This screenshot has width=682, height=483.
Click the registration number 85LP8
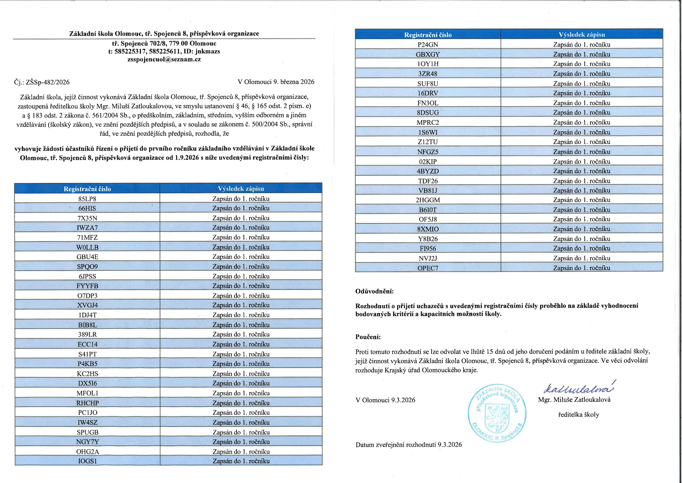point(87,199)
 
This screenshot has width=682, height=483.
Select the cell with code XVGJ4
point(87,305)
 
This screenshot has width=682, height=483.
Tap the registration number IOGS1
point(87,461)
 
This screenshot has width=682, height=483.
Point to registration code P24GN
point(428,45)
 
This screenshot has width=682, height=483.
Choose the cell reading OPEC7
point(428,268)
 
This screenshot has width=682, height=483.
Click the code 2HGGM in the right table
point(428,200)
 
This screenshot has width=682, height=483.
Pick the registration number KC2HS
point(87,374)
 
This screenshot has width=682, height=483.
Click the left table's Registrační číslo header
point(87,189)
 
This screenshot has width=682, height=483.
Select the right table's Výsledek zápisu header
point(582,34)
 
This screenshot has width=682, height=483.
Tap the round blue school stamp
point(497,413)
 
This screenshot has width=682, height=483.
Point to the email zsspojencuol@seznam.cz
point(164,59)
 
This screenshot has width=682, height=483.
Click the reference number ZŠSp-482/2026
point(48,82)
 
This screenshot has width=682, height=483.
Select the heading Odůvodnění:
point(374,291)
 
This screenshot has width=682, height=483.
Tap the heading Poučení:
point(368,337)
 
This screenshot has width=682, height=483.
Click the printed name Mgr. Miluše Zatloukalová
point(574,400)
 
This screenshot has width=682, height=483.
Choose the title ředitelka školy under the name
point(578,415)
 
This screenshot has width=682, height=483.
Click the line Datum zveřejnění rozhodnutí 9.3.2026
point(408,445)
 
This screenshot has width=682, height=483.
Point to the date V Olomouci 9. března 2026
point(276,82)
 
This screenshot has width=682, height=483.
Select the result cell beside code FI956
point(582,248)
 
